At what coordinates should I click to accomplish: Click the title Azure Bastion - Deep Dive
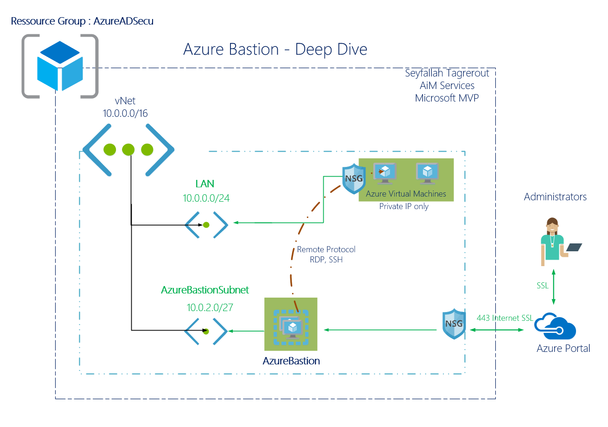[x=275, y=49]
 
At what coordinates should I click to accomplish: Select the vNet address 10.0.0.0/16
[x=125, y=113]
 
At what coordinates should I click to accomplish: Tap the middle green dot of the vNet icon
[x=128, y=150]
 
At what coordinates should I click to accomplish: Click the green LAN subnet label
[x=205, y=184]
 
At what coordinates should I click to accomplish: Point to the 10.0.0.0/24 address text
[x=206, y=198]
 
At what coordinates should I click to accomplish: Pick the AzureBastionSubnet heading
[x=205, y=290]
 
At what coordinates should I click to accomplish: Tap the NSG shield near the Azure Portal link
[x=454, y=324]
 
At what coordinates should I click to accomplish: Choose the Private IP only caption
[x=403, y=206]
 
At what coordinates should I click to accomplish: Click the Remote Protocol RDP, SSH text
[x=326, y=255]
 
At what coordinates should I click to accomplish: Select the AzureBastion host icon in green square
[x=291, y=324]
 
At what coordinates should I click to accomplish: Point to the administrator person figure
[x=553, y=242]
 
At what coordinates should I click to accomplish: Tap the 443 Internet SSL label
[x=505, y=318]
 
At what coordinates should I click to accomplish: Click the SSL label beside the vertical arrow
[x=543, y=286]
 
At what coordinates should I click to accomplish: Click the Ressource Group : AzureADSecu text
[x=82, y=21]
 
